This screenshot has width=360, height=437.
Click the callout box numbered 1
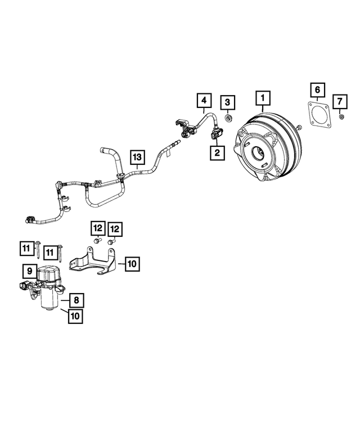[x=262, y=99]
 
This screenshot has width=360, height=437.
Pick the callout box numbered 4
[x=204, y=101]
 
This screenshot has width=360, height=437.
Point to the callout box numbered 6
[x=317, y=90]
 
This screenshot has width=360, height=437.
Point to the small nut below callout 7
[x=341, y=116]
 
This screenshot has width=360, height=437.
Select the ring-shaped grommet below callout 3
[x=229, y=118]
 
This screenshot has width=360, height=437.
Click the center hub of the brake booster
[x=260, y=153]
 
